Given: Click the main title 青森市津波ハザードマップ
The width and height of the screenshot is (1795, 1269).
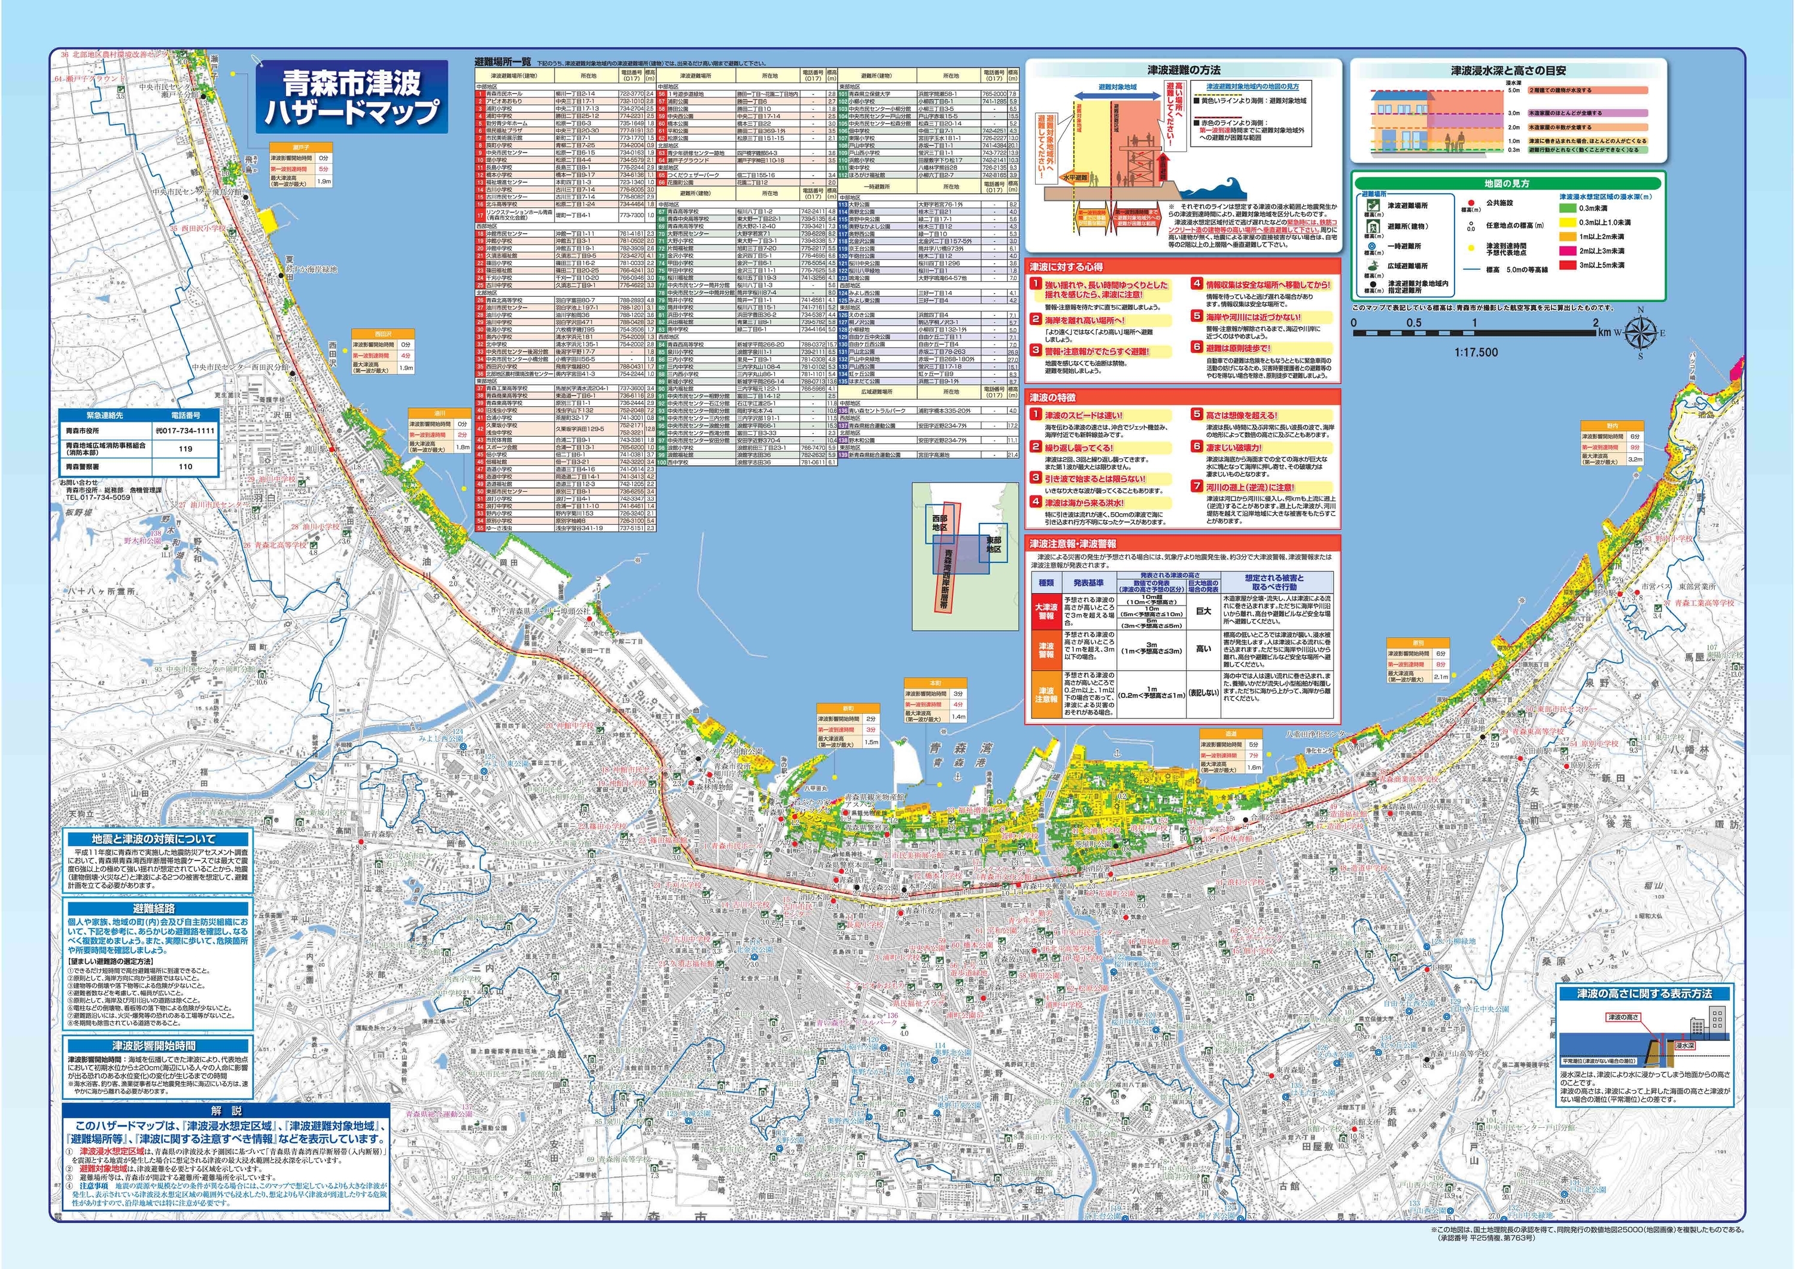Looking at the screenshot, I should click(x=352, y=97).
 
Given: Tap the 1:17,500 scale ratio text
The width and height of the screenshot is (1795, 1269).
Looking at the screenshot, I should click(x=1477, y=352).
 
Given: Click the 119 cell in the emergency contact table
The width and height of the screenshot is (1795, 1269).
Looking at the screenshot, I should click(x=185, y=449).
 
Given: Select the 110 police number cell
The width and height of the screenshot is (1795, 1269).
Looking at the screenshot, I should click(x=185, y=467).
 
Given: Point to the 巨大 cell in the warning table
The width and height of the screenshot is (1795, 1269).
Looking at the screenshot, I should click(x=1203, y=611).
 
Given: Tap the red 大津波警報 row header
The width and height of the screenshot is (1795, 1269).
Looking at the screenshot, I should click(x=1046, y=611).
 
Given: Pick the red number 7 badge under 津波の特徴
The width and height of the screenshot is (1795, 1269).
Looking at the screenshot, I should click(x=1196, y=486).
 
